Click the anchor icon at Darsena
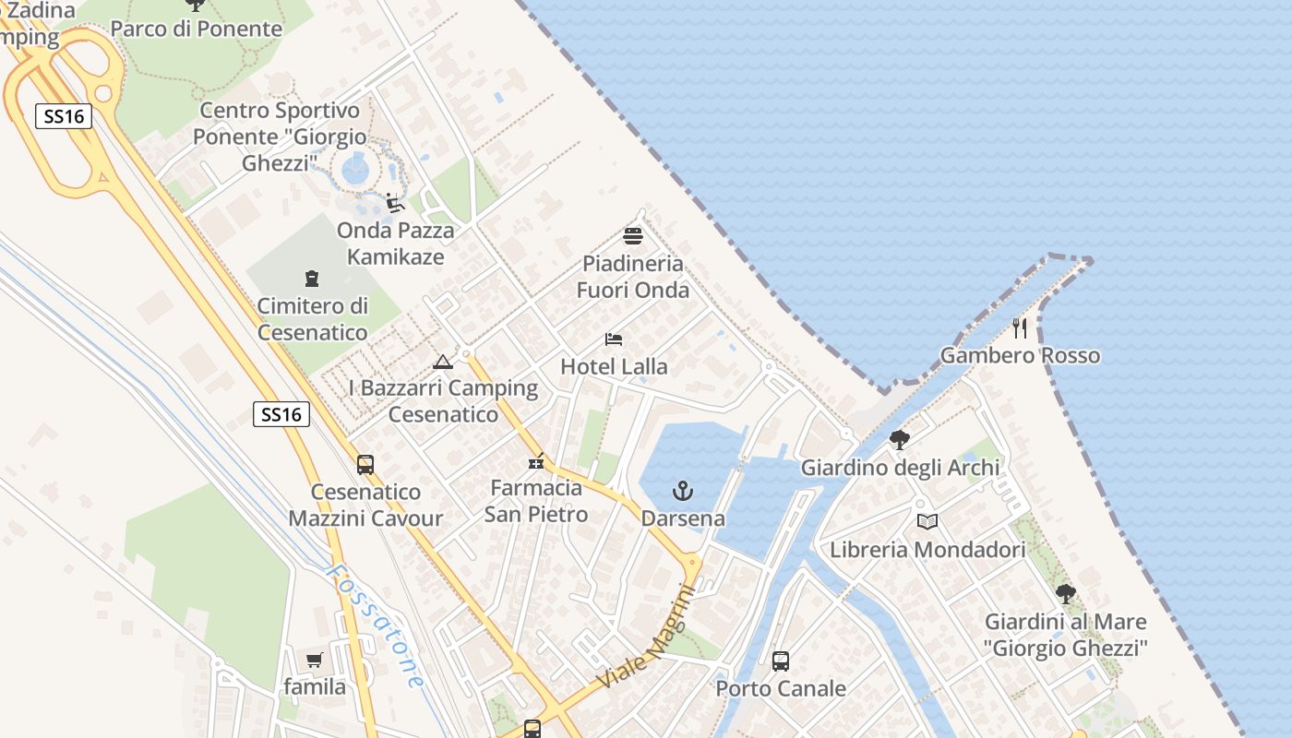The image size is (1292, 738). (x=683, y=490)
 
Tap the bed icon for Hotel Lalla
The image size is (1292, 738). (x=614, y=339)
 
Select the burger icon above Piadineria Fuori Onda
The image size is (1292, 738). (x=633, y=235)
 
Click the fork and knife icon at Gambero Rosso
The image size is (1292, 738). (x=1020, y=327)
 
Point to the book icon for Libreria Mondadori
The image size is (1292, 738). (x=927, y=522)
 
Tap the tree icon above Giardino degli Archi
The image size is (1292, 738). (x=900, y=440)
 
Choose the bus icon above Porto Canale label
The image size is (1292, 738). (x=781, y=661)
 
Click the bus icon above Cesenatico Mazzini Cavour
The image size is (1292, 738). (x=365, y=464)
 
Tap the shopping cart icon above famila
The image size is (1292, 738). (x=315, y=660)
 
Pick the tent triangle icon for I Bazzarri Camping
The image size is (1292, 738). (x=443, y=362)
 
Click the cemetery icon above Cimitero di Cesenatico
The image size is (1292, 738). (x=312, y=278)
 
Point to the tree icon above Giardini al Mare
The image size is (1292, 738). (x=1066, y=593)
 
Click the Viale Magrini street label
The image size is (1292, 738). (x=646, y=637)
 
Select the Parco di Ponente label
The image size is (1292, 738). (x=197, y=29)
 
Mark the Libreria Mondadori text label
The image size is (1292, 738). (x=927, y=551)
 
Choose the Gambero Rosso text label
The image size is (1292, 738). (x=1020, y=355)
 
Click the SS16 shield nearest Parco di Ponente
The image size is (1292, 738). (x=65, y=116)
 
